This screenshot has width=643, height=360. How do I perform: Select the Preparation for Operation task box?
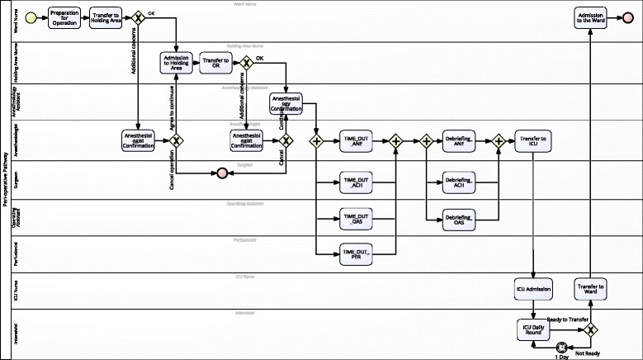click(x=64, y=17)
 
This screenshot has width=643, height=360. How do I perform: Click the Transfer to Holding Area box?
click(x=105, y=17)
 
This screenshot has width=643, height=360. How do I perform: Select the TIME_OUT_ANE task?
click(x=356, y=141)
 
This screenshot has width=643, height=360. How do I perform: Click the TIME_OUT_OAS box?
click(x=356, y=219)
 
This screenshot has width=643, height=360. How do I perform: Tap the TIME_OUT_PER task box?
click(x=356, y=254)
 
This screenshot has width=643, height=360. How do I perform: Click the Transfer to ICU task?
click(x=532, y=141)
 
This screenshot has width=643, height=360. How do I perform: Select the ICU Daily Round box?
click(x=532, y=329)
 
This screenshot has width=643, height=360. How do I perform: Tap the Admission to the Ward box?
click(x=591, y=17)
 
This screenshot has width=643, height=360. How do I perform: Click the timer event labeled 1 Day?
click(x=561, y=348)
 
